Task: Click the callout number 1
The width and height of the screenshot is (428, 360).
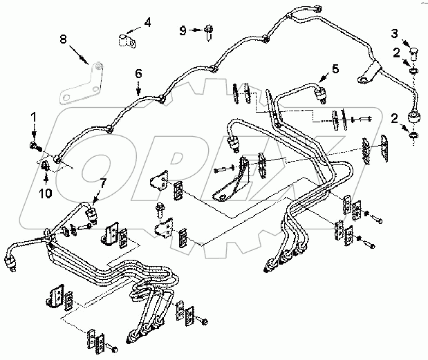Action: [32, 119]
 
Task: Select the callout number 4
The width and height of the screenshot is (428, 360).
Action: [147, 22]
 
